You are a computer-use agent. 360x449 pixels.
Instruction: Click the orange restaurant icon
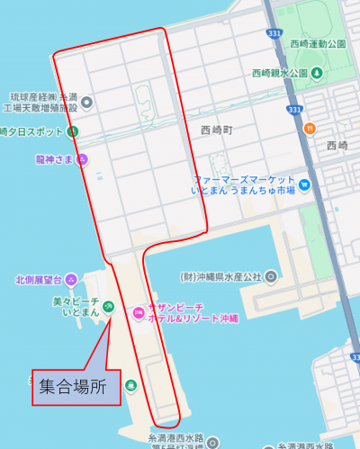[x=310, y=129]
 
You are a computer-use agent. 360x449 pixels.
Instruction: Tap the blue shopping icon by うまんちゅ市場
[x=304, y=186]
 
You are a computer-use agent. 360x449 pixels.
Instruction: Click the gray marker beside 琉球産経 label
[x=86, y=102]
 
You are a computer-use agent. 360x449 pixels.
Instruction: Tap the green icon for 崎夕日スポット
[x=74, y=132]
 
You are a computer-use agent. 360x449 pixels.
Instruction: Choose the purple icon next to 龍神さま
[x=82, y=159]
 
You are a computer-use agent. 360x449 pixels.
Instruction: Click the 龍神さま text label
[x=54, y=159]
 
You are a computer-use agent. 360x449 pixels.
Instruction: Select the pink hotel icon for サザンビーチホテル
[x=138, y=312]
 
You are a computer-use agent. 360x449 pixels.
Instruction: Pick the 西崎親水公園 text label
[x=280, y=72]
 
